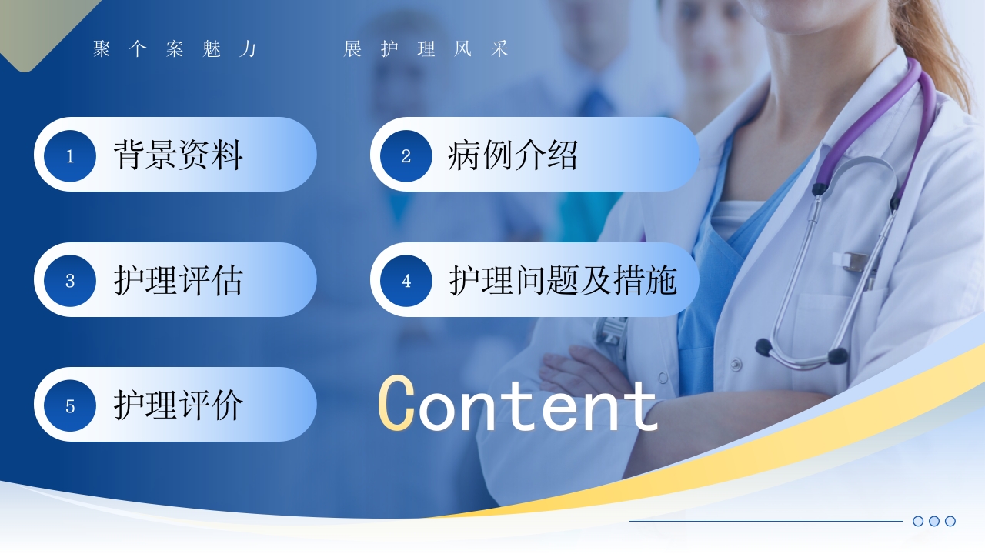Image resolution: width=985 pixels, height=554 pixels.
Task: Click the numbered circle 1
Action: (x=70, y=155)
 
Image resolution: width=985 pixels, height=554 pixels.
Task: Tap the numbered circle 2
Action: (x=406, y=155)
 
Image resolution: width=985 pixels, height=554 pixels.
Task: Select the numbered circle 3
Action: (x=70, y=281)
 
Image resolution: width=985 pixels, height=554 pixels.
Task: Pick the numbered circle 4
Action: (x=406, y=281)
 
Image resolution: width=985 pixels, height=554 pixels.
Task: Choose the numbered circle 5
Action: (x=70, y=405)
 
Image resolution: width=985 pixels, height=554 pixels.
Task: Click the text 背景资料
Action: (x=178, y=155)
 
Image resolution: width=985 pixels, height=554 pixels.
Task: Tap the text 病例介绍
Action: (x=513, y=155)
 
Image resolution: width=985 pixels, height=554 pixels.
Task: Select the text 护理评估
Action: (x=178, y=280)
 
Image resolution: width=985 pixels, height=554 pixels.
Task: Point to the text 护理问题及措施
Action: (x=563, y=280)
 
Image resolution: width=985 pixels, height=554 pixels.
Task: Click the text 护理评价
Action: (x=178, y=405)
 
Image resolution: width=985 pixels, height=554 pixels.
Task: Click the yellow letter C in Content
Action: (x=396, y=402)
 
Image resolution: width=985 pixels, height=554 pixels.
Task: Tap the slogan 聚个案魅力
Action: (x=175, y=48)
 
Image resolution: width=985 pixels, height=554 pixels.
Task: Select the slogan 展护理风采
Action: (x=426, y=48)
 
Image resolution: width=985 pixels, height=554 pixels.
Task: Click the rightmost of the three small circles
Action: (x=950, y=521)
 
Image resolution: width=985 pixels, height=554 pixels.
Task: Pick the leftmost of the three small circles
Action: (x=918, y=521)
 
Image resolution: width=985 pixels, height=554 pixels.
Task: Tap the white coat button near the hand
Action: (x=735, y=365)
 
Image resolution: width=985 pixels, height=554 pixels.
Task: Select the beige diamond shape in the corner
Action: (x=39, y=26)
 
